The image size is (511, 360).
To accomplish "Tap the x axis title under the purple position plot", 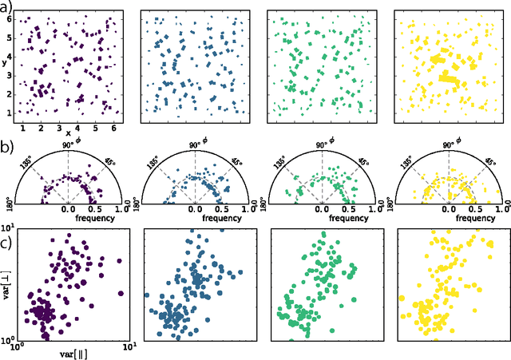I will click(x=69, y=133).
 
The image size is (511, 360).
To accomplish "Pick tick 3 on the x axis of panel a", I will click(x=59, y=129).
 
